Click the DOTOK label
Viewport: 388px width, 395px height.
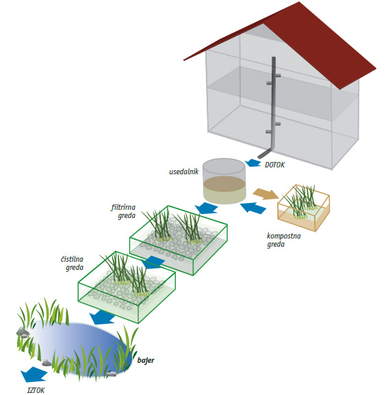pyautogui.click(x=274, y=165)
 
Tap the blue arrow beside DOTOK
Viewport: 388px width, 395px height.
pyautogui.click(x=253, y=163)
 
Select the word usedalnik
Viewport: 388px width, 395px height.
pyautogui.click(x=184, y=172)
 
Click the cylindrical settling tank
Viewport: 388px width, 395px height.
pyautogui.click(x=224, y=181)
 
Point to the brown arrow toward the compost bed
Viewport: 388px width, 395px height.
pyautogui.click(x=265, y=193)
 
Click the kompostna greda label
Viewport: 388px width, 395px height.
pyautogui.click(x=283, y=240)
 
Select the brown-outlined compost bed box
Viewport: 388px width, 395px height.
pyautogui.click(x=303, y=208)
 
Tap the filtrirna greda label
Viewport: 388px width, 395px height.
pyautogui.click(x=123, y=211)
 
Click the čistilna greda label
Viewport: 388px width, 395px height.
pyautogui.click(x=72, y=263)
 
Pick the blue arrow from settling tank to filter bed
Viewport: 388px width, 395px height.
pyautogui.click(x=207, y=208)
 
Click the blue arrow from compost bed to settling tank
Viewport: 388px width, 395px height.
pyautogui.click(x=253, y=208)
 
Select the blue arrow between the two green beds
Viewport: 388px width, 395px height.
pyautogui.click(x=153, y=262)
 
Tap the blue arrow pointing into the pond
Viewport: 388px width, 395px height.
pyautogui.click(x=102, y=317)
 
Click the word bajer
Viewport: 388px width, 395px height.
pyautogui.click(x=146, y=360)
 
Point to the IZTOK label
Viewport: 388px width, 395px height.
pyautogui.click(x=36, y=390)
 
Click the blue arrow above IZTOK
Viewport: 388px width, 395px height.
pyautogui.click(x=34, y=374)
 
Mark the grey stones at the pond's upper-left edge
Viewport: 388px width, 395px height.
pyautogui.click(x=23, y=333)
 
